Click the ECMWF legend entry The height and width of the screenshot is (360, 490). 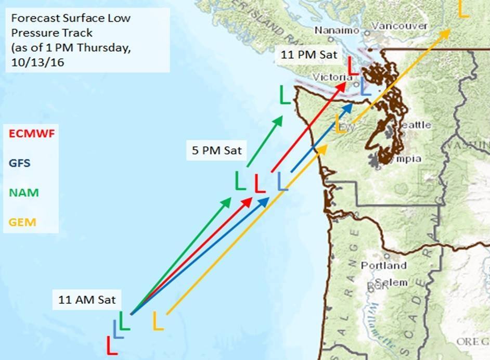pyautogui.click(x=32, y=134)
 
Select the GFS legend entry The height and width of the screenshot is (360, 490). pyautogui.click(x=19, y=163)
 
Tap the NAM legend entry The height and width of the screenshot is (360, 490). pyautogui.click(x=23, y=192)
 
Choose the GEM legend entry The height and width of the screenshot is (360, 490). pyautogui.click(x=22, y=222)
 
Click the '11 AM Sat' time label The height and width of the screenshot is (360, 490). pyautogui.click(x=87, y=300)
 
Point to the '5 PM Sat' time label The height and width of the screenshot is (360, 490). pyautogui.click(x=217, y=151)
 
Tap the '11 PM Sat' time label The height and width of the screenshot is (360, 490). pyautogui.click(x=309, y=54)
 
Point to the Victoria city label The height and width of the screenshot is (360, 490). pyautogui.click(x=329, y=77)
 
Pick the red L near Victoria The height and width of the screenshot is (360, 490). pyautogui.click(x=353, y=66)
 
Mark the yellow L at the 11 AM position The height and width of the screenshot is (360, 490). pyautogui.click(x=158, y=320)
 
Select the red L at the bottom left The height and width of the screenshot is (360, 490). pyautogui.click(x=112, y=345)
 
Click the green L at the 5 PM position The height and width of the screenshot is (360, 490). pyautogui.click(x=240, y=181)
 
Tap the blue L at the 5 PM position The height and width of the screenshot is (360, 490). pyautogui.click(x=282, y=182)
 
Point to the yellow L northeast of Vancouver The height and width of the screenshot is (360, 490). pyautogui.click(x=463, y=8)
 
